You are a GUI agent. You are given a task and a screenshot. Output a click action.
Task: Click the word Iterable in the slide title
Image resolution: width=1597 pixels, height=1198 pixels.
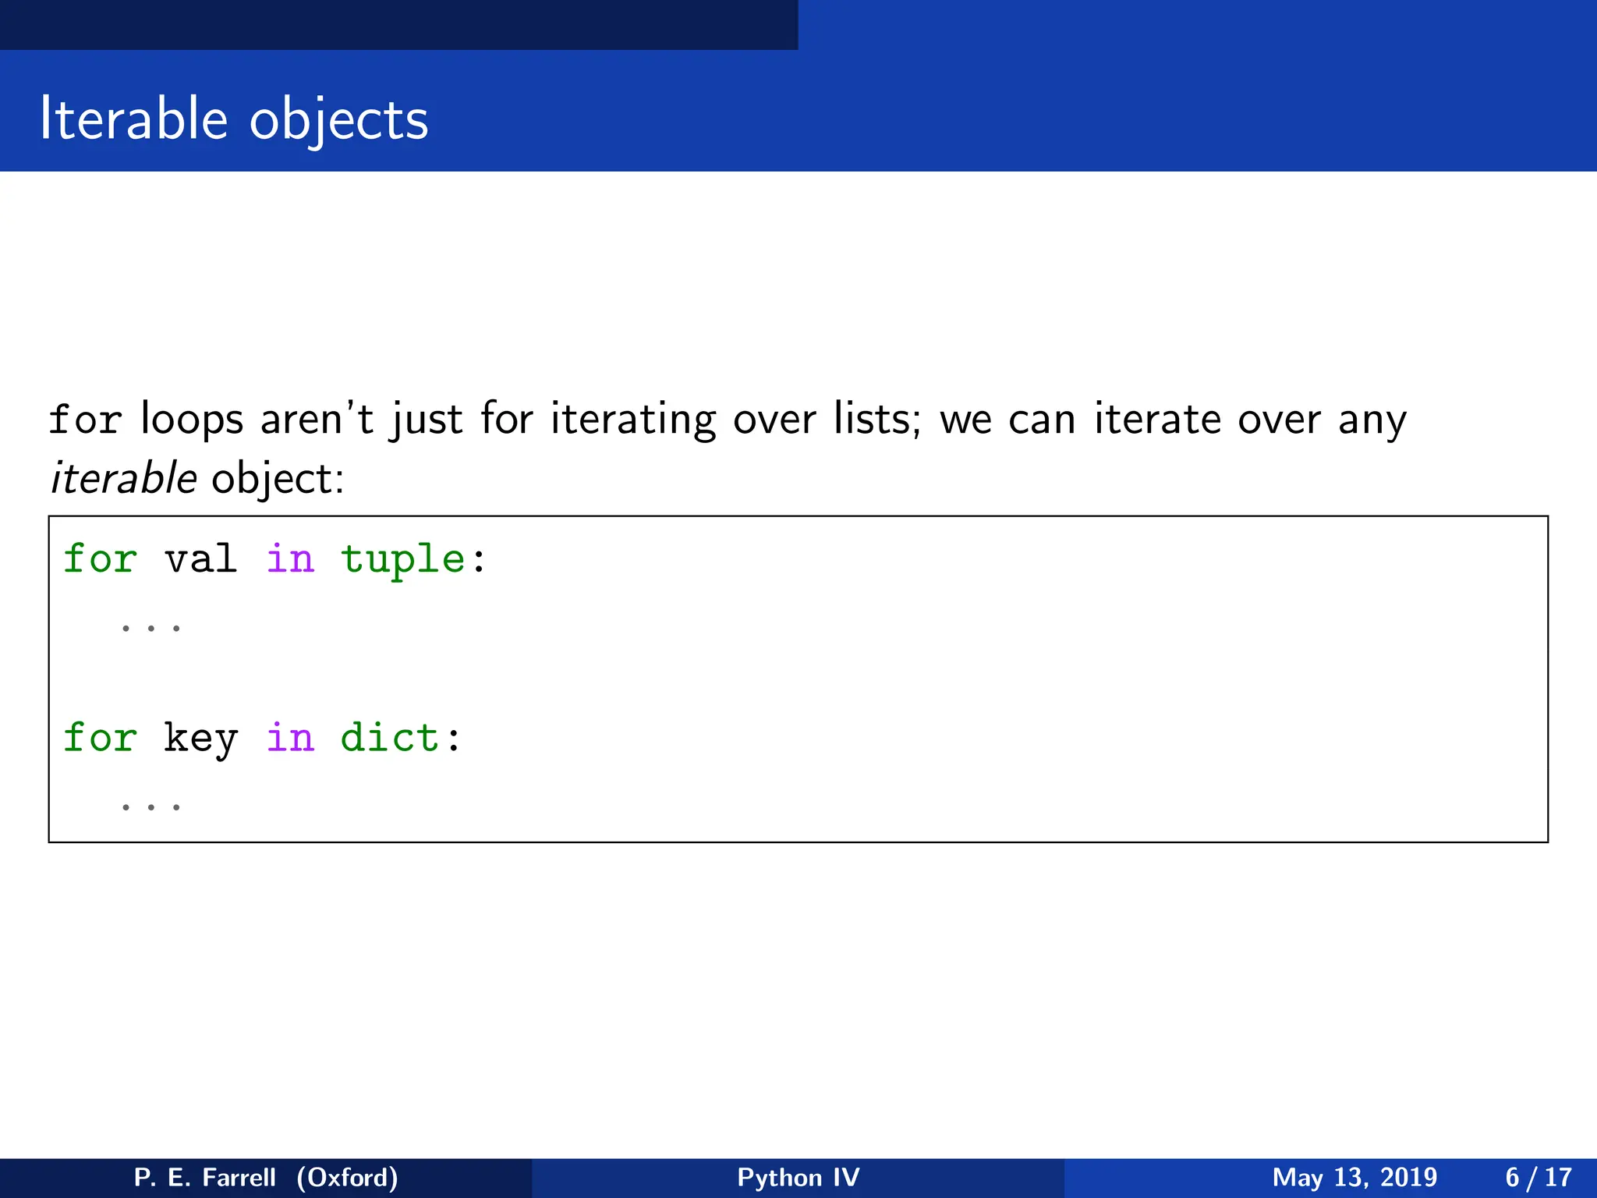[x=133, y=119]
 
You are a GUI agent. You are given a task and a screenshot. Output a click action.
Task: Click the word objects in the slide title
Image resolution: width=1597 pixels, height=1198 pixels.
[x=339, y=121]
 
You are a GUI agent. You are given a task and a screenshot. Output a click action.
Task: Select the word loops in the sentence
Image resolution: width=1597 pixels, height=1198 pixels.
[x=192, y=419]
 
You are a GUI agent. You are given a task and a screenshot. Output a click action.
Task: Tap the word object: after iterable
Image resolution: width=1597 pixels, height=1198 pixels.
[x=278, y=478]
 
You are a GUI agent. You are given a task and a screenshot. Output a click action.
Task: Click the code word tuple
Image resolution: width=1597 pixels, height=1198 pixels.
[x=403, y=559]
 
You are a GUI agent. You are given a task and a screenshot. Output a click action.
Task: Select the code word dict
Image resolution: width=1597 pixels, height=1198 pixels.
[x=390, y=738]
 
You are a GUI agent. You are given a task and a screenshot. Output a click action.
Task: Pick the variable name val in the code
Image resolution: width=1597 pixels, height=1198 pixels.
[x=200, y=559]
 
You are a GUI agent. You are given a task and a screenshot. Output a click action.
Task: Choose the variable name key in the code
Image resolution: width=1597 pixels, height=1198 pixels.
[x=200, y=738]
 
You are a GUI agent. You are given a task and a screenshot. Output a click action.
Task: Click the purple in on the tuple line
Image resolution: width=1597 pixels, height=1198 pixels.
[x=290, y=559]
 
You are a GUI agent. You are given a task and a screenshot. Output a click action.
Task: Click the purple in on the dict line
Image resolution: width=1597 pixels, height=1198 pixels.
[x=290, y=738]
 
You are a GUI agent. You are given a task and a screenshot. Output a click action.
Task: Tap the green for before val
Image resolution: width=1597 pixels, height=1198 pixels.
[x=100, y=559]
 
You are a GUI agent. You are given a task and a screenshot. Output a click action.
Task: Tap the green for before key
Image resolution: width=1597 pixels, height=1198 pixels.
[x=100, y=738]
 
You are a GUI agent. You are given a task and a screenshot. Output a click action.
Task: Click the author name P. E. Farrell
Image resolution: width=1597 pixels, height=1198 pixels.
[x=205, y=1177]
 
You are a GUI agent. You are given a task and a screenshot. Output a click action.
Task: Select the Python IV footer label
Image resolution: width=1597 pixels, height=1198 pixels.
[x=798, y=1177]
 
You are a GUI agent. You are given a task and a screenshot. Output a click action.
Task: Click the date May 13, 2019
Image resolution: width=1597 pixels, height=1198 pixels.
[x=1354, y=1177]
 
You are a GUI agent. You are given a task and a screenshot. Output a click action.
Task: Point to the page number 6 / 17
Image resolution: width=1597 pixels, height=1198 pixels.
[x=1539, y=1177]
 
